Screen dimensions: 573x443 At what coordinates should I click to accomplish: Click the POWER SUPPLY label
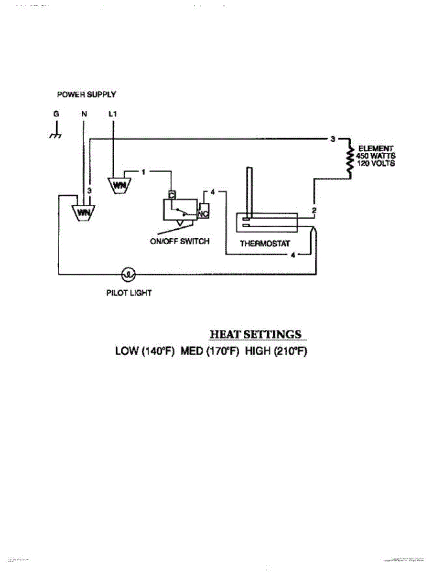tap(86, 95)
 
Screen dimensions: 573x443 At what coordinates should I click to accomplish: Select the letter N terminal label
tap(84, 115)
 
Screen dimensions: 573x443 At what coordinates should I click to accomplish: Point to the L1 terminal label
tap(113, 115)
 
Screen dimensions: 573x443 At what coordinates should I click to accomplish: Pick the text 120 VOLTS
tap(376, 163)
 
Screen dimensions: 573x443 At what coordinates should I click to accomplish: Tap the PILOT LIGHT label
tap(129, 293)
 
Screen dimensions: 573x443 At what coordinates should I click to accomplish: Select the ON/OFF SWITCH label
tap(180, 242)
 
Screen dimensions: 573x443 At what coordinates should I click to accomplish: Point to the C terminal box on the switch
tap(171, 195)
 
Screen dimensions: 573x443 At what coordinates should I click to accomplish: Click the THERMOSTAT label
tap(265, 244)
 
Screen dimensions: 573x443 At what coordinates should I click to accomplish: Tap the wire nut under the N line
tap(84, 212)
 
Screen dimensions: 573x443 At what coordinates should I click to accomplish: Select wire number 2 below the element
tap(313, 210)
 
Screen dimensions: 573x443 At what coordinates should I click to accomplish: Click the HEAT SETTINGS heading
tap(256, 334)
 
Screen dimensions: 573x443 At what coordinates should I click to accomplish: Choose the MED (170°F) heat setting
tap(209, 351)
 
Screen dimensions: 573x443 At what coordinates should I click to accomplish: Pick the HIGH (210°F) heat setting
tap(276, 351)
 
